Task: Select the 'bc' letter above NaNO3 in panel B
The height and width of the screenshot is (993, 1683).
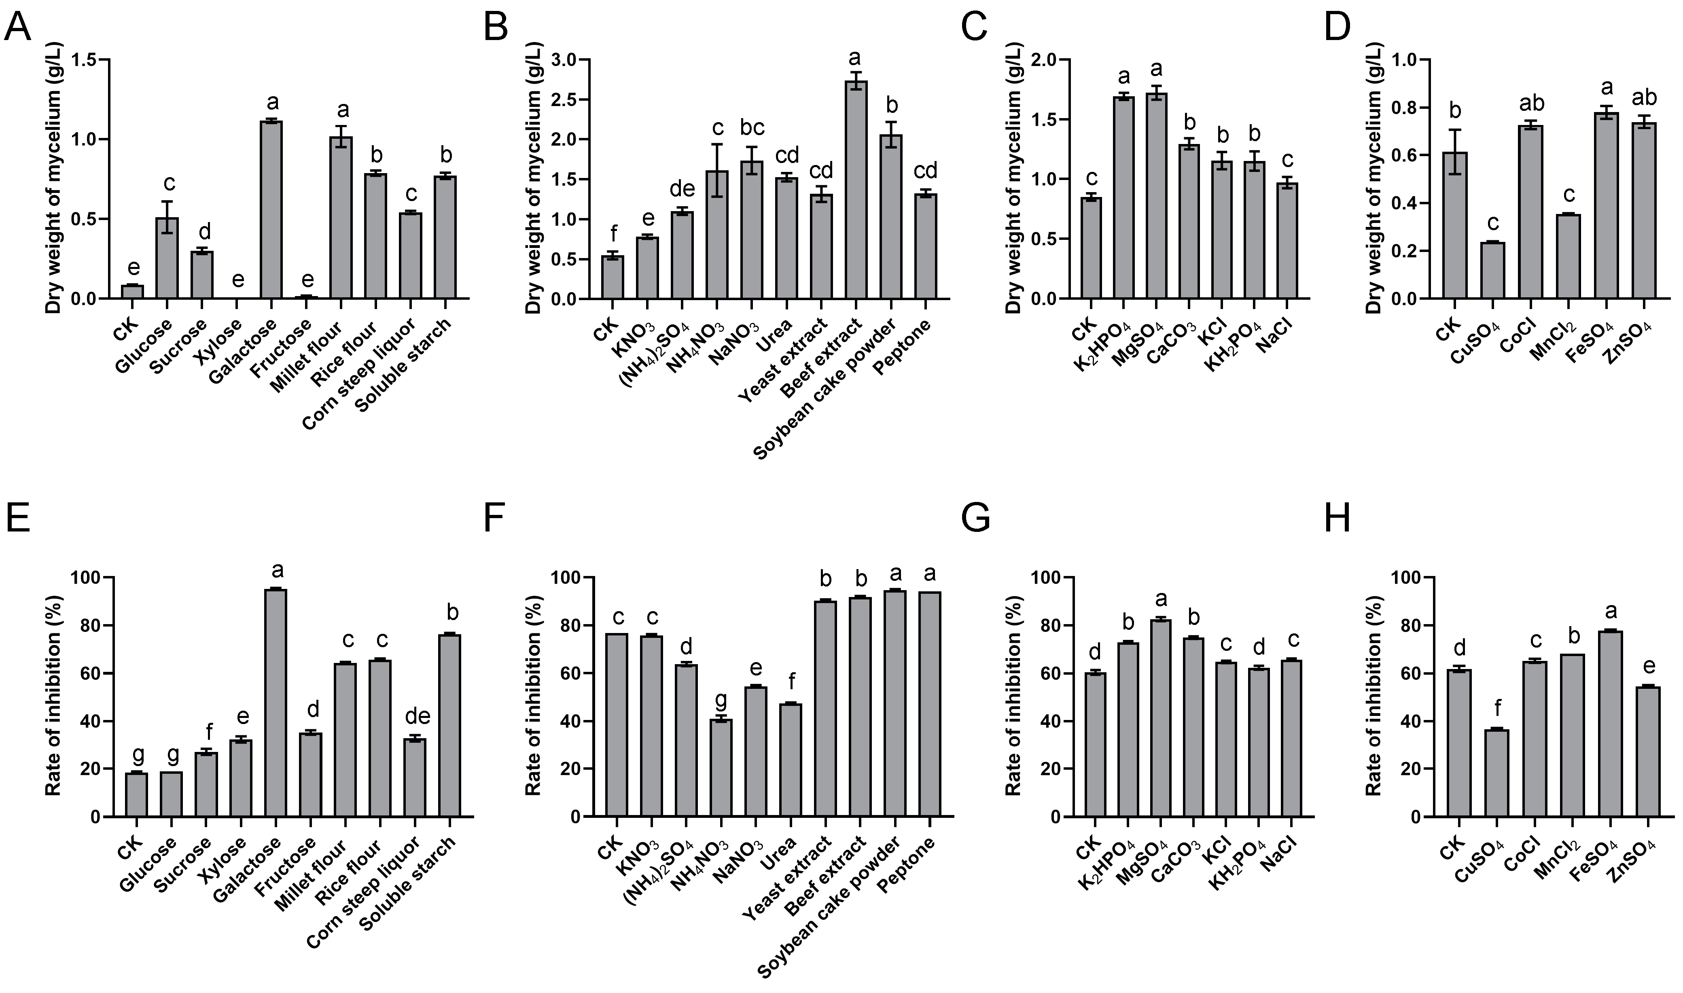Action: [752, 128]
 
